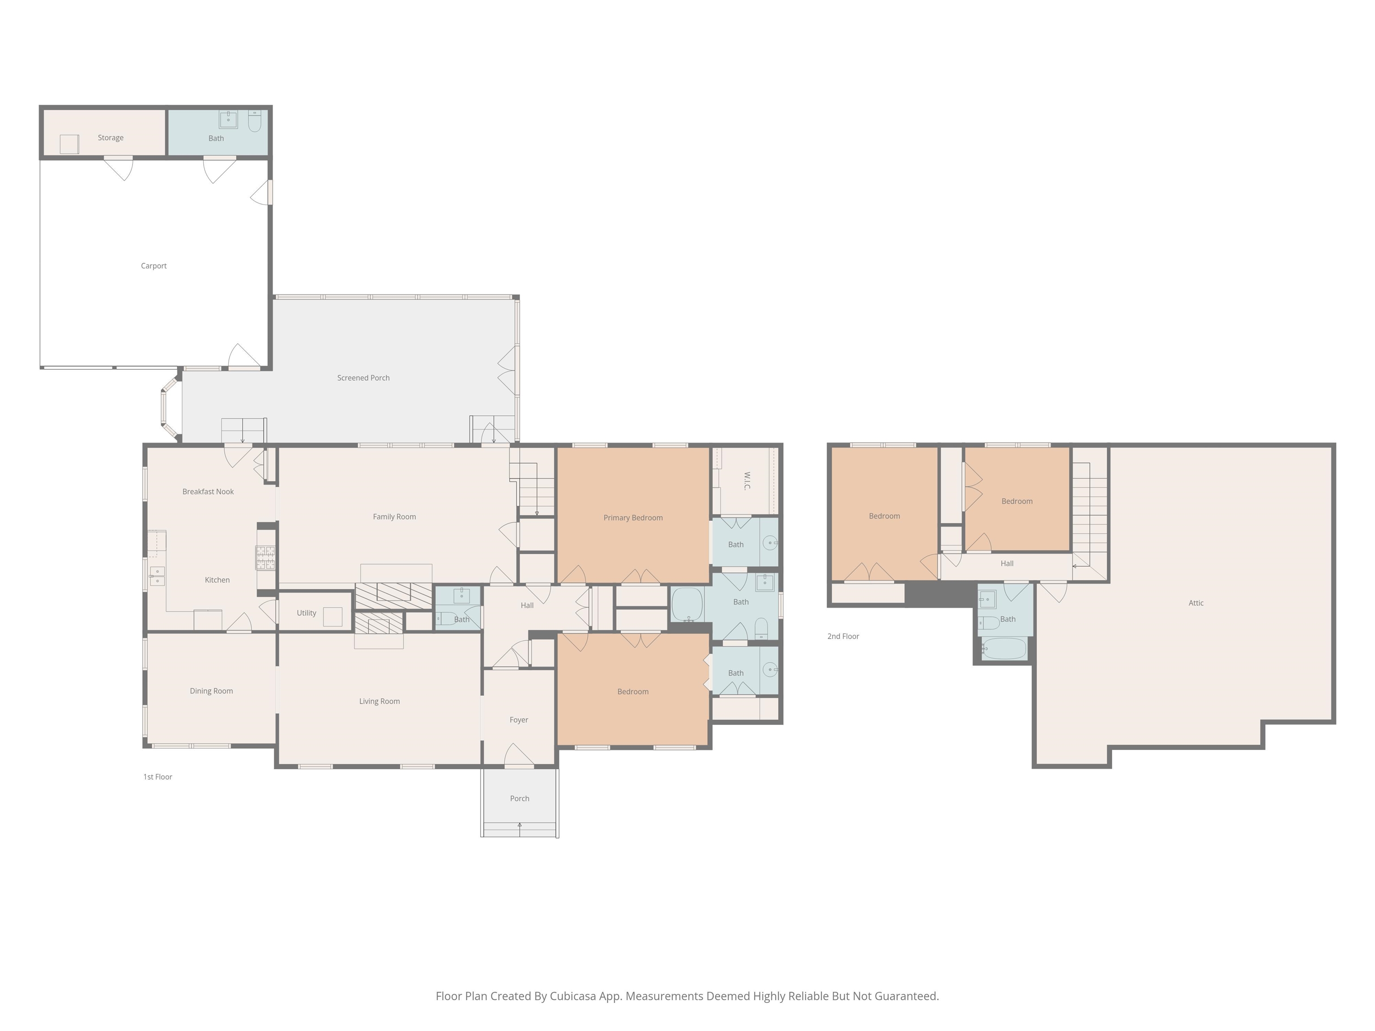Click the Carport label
(154, 266)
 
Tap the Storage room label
(111, 138)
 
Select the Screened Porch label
(363, 378)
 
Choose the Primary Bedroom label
(633, 518)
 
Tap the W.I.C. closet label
(747, 481)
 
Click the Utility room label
(307, 613)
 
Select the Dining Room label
(211, 691)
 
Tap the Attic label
(1196, 603)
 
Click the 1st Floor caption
(158, 777)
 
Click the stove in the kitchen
(266, 558)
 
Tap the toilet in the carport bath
(255, 121)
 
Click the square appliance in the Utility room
(333, 617)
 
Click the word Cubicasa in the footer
(572, 996)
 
